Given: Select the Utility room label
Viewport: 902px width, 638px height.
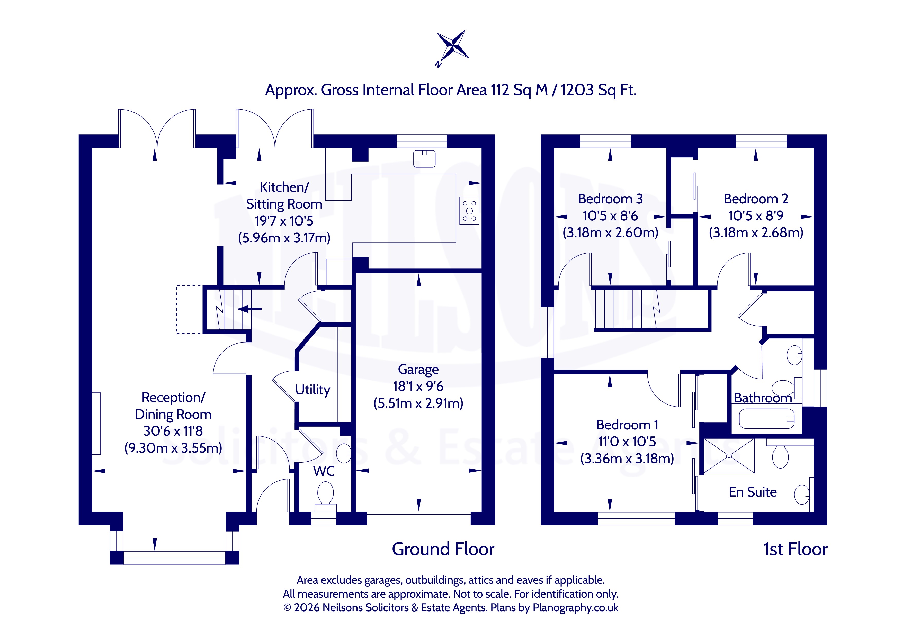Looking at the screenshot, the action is (313, 390).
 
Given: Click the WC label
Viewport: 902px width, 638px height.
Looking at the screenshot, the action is (324, 471).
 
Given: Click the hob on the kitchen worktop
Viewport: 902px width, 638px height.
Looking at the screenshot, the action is (469, 211).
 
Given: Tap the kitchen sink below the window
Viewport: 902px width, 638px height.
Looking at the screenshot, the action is (424, 159).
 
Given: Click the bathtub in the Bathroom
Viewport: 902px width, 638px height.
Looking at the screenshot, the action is (766, 419).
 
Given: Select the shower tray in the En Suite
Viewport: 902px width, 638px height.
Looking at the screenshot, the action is (729, 456).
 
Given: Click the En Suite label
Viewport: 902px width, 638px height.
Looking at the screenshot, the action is (753, 492).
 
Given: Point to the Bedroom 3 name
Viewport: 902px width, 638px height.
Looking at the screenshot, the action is (610, 199).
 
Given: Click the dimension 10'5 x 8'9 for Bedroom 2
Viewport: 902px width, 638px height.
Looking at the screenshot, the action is (756, 216).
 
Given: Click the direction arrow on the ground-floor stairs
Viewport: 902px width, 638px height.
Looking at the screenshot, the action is (249, 309).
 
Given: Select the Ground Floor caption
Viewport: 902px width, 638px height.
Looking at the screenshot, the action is (443, 549).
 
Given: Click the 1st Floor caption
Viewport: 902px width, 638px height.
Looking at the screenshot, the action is (796, 549).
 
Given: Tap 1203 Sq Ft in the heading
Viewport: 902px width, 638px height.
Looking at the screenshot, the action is (598, 90).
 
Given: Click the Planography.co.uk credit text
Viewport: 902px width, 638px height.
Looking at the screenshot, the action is (575, 608).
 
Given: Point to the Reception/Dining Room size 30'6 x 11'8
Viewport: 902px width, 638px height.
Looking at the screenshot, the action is (173, 431).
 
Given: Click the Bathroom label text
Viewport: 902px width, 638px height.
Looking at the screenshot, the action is (763, 398).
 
